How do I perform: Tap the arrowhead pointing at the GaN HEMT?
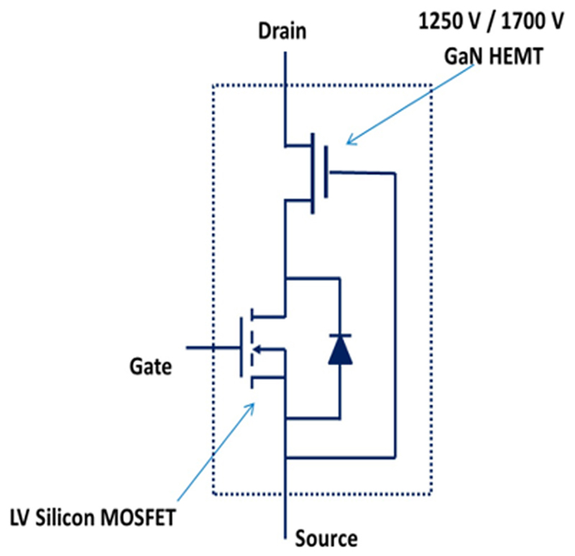pos(349,142)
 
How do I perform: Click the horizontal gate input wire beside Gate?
pos(213,348)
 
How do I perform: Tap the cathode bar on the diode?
pos(339,335)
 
